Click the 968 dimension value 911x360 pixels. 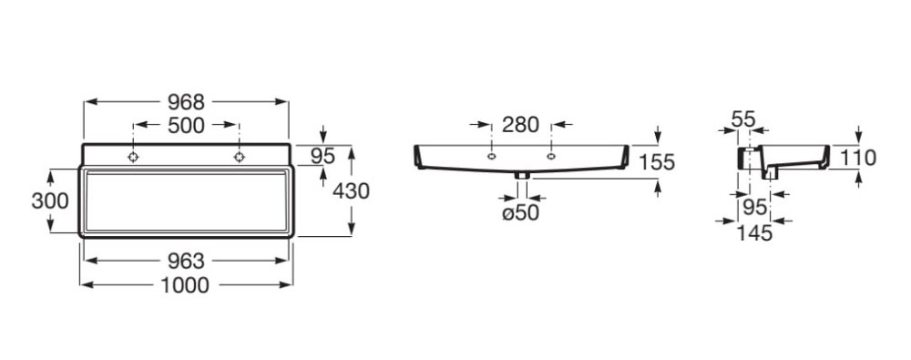coord(186,102)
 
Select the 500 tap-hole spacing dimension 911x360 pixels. coord(186,125)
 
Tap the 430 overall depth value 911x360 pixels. coord(351,190)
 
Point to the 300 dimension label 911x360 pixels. coord(50,201)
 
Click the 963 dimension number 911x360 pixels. coord(186,262)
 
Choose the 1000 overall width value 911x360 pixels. coord(185,285)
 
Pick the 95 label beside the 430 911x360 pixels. coord(323,156)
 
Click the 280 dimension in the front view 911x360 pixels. coord(520,125)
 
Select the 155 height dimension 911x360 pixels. coord(657,162)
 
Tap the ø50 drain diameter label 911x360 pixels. coord(520,213)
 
